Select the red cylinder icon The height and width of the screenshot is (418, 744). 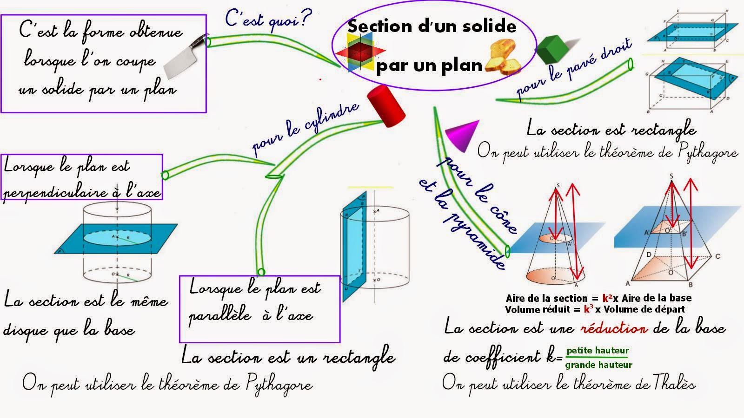386,106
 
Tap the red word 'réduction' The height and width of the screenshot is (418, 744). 613,328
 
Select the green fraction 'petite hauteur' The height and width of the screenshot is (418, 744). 598,351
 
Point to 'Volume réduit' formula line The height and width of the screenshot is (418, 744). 595,309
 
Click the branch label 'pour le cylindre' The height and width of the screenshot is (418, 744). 305,128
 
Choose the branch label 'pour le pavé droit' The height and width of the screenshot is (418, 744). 575,70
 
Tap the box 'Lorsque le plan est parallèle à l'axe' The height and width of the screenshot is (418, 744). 259,308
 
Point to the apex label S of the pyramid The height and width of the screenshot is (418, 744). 671,176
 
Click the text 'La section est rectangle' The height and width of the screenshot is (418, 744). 611,129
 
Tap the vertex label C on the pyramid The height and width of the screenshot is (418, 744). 718,256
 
